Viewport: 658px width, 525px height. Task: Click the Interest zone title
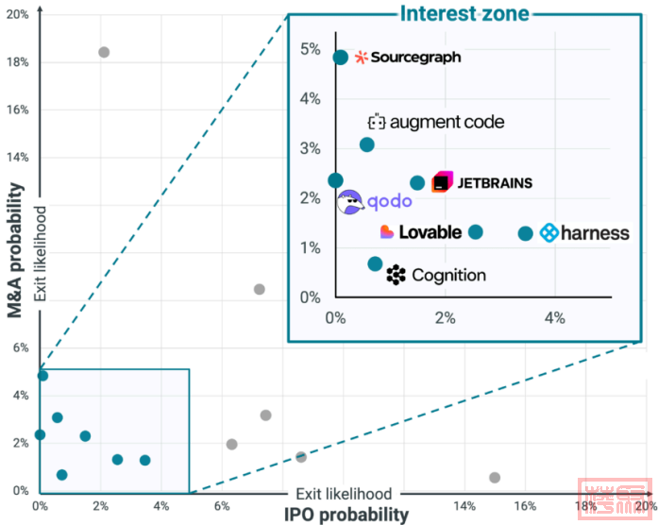pyautogui.click(x=464, y=13)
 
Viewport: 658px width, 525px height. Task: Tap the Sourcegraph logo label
pyautogui.click(x=408, y=58)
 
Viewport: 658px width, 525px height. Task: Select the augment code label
pyautogui.click(x=436, y=122)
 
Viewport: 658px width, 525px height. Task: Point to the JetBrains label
pyautogui.click(x=482, y=182)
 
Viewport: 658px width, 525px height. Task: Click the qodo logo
pyautogui.click(x=375, y=201)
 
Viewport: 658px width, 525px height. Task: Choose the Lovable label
pyautogui.click(x=421, y=231)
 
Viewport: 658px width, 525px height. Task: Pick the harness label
pyautogui.click(x=584, y=232)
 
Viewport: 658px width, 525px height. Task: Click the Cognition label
pyautogui.click(x=437, y=275)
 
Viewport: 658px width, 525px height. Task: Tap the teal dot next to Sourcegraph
pyautogui.click(x=341, y=58)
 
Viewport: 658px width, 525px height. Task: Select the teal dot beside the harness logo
pyautogui.click(x=526, y=232)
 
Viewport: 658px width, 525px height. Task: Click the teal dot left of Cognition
pyautogui.click(x=375, y=264)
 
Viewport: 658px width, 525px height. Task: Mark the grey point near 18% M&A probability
pyautogui.click(x=104, y=52)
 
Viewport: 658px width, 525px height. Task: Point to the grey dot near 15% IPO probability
pyautogui.click(x=495, y=478)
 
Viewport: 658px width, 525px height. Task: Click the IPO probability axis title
pyautogui.click(x=346, y=515)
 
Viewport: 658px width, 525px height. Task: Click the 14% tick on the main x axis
pyautogui.click(x=464, y=505)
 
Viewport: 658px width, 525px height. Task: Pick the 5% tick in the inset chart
pyautogui.click(x=311, y=48)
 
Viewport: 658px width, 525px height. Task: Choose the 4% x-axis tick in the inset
pyautogui.click(x=553, y=318)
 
